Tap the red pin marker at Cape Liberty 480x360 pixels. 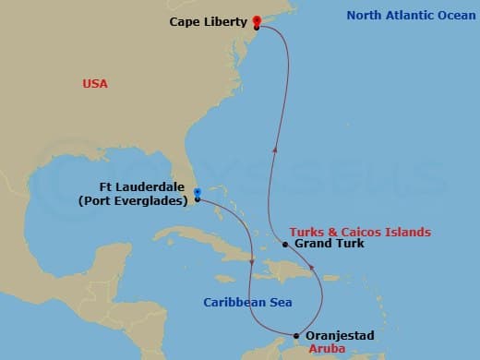(256, 21)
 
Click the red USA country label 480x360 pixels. (95, 84)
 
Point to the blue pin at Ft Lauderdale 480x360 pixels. (198, 192)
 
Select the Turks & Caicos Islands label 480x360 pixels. (360, 232)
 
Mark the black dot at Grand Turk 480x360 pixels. (286, 245)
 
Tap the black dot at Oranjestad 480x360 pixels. (295, 336)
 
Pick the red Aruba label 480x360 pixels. (327, 349)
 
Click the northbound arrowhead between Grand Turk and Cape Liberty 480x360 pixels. (274, 144)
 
